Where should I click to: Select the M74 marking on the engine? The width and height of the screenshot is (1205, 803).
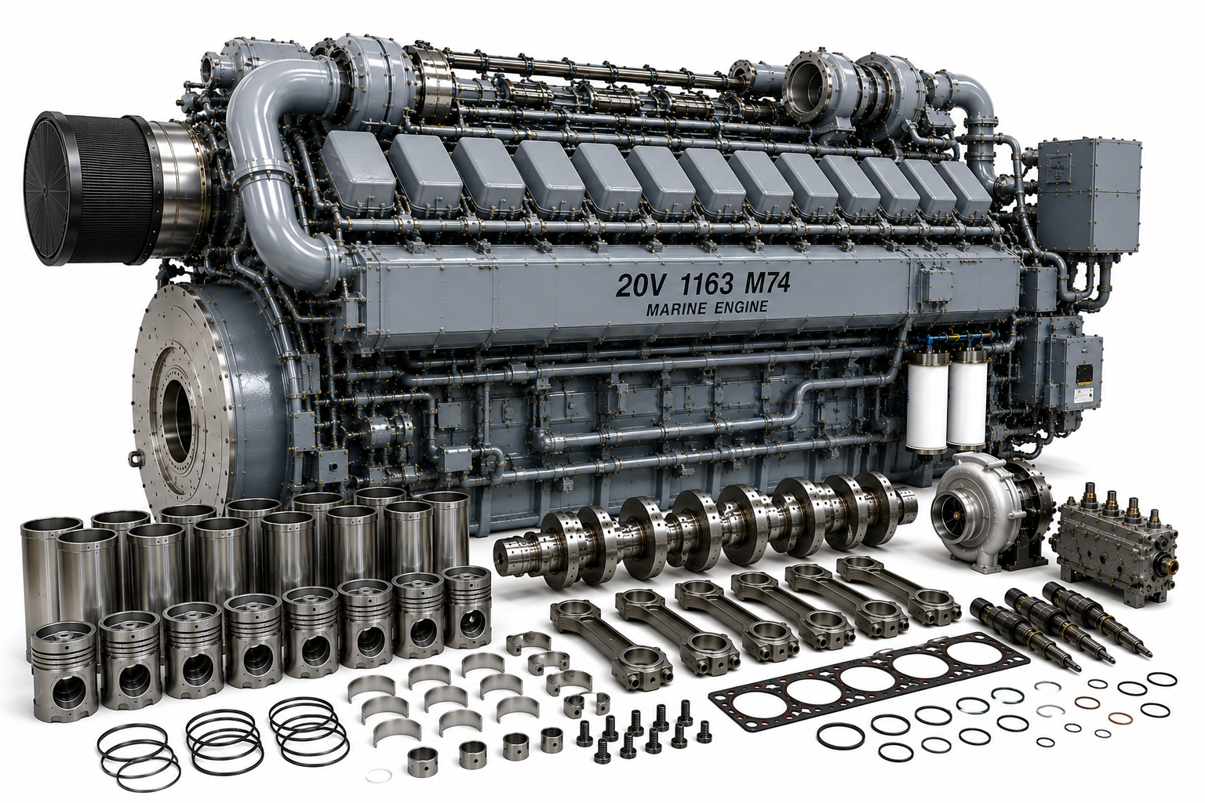pyautogui.click(x=763, y=284)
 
